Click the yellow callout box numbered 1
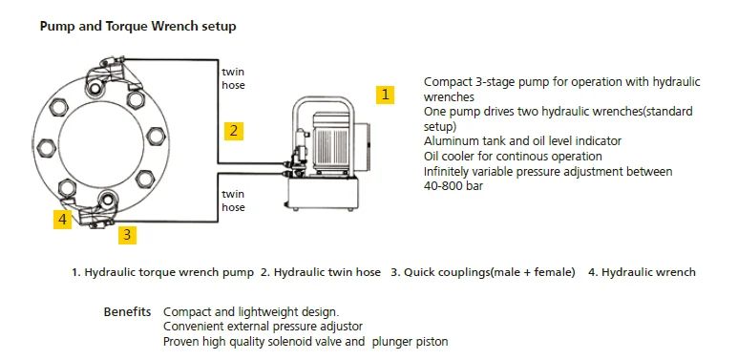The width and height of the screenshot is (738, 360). pyautogui.click(x=385, y=95)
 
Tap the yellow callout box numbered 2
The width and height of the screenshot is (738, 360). pyautogui.click(x=234, y=131)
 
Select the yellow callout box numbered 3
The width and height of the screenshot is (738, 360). pyautogui.click(x=127, y=234)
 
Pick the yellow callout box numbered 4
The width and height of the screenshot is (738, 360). pyautogui.click(x=63, y=220)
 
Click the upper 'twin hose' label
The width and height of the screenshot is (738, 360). pyautogui.click(x=234, y=78)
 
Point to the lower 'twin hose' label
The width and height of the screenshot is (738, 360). pyautogui.click(x=234, y=201)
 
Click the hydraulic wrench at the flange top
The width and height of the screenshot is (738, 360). pyautogui.click(x=113, y=74)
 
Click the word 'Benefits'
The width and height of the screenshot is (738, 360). pyautogui.click(x=127, y=311)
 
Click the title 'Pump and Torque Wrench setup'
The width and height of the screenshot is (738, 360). pyautogui.click(x=137, y=26)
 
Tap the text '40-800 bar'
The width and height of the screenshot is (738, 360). pyautogui.click(x=453, y=186)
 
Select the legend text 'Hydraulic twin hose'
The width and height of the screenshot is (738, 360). pyautogui.click(x=327, y=272)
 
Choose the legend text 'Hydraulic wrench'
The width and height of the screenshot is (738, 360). pyautogui.click(x=648, y=272)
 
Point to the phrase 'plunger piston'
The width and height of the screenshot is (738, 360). pyautogui.click(x=410, y=342)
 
